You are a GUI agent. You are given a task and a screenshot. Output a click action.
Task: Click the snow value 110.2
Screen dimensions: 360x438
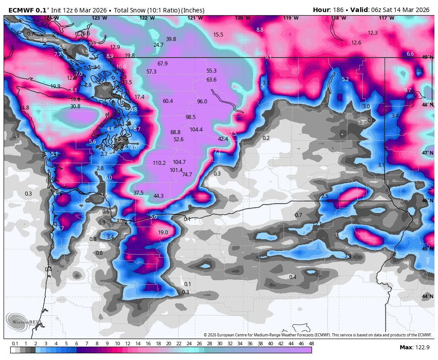[159, 163]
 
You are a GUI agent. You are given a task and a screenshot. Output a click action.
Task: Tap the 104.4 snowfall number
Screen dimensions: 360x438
[196, 130]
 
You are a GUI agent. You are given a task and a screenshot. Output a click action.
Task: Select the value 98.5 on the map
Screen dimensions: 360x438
[191, 117]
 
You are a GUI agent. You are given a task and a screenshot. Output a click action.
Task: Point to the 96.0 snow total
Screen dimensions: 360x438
[202, 102]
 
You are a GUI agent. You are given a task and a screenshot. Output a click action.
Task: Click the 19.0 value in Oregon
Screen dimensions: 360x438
[163, 233]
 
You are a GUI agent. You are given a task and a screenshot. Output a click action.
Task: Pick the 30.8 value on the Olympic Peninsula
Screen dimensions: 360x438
[75, 106]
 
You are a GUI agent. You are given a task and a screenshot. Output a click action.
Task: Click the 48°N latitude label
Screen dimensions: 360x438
[427, 105]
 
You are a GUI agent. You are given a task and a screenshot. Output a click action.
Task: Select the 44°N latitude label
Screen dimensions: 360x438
[427, 297]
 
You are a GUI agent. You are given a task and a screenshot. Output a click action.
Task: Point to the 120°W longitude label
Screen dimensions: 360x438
[242, 18]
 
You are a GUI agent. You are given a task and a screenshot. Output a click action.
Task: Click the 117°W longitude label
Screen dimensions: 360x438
[386, 18]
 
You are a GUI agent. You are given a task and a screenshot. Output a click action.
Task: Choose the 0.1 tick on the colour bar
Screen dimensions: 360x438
[15, 344]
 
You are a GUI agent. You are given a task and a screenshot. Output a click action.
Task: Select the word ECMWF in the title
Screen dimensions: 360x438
[22, 10]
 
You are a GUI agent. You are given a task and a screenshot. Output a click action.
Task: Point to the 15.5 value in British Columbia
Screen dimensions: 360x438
[218, 35]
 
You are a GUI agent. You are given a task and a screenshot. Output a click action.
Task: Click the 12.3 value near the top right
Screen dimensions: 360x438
[373, 33]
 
